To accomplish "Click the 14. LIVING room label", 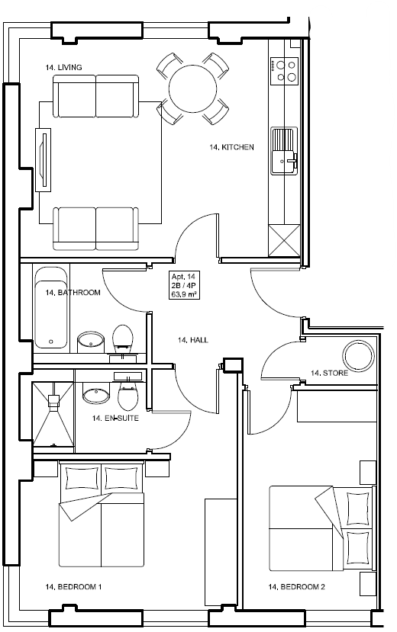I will tap(69, 68).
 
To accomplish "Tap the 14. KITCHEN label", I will tap(231, 147).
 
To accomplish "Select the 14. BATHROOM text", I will tap(73, 293).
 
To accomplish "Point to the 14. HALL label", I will tap(192, 340).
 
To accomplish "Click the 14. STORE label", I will tap(329, 374).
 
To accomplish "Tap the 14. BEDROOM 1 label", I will tap(74, 587).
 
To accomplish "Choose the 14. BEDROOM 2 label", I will tap(297, 587).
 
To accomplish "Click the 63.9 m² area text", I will tap(185, 293).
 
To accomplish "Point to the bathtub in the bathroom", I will tap(50, 306).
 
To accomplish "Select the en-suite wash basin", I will tap(95, 395).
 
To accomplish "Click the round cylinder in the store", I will tap(357, 354).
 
